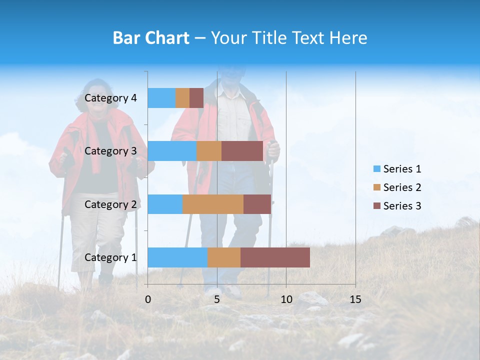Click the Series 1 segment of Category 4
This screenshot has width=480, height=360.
(161, 98)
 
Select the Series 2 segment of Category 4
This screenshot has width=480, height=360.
(182, 98)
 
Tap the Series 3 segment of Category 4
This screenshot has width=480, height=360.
(196, 98)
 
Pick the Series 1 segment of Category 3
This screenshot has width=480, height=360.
(172, 151)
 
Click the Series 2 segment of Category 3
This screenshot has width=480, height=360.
(209, 151)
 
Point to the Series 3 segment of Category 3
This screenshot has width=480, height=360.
(242, 151)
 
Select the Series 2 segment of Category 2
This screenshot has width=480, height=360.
(213, 204)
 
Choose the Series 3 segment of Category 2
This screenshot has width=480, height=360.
(257, 204)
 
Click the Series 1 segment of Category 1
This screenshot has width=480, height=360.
(177, 257)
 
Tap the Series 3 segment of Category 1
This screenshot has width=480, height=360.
(275, 257)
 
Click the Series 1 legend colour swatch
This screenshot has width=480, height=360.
(376, 169)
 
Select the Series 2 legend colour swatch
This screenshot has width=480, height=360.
(376, 187)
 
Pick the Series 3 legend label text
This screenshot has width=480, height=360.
(402, 206)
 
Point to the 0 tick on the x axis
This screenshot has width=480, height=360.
(148, 299)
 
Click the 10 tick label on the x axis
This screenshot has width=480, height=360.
(286, 299)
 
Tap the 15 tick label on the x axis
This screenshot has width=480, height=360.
(355, 299)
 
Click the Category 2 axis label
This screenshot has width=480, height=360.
(110, 204)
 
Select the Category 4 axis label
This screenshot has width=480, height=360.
(110, 98)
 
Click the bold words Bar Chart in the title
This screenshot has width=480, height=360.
(151, 38)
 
